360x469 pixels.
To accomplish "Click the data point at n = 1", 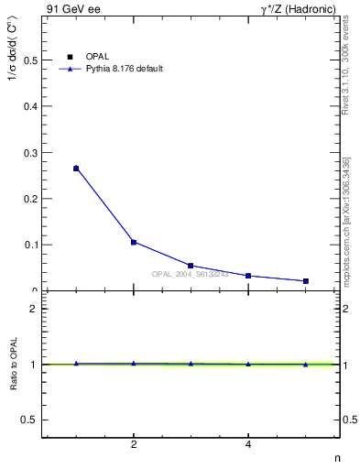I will coord(76,169).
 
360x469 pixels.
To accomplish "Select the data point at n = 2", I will coord(134,242).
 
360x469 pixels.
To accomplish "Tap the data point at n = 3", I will coord(191,266).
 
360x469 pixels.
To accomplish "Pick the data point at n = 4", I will coord(248,276).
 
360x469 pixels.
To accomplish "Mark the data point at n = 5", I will coord(306,281).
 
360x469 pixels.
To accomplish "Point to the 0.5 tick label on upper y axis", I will coord(29,60).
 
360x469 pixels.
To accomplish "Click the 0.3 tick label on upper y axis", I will coord(29,153).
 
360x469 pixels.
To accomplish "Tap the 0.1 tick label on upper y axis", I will coord(29,245).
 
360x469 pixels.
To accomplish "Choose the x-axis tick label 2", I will coord(134,445).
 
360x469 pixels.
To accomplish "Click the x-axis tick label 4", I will coord(248,445).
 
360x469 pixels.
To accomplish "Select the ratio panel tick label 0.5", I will coord(29,420).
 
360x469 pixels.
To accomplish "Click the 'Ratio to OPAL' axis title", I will coord(14,364).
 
